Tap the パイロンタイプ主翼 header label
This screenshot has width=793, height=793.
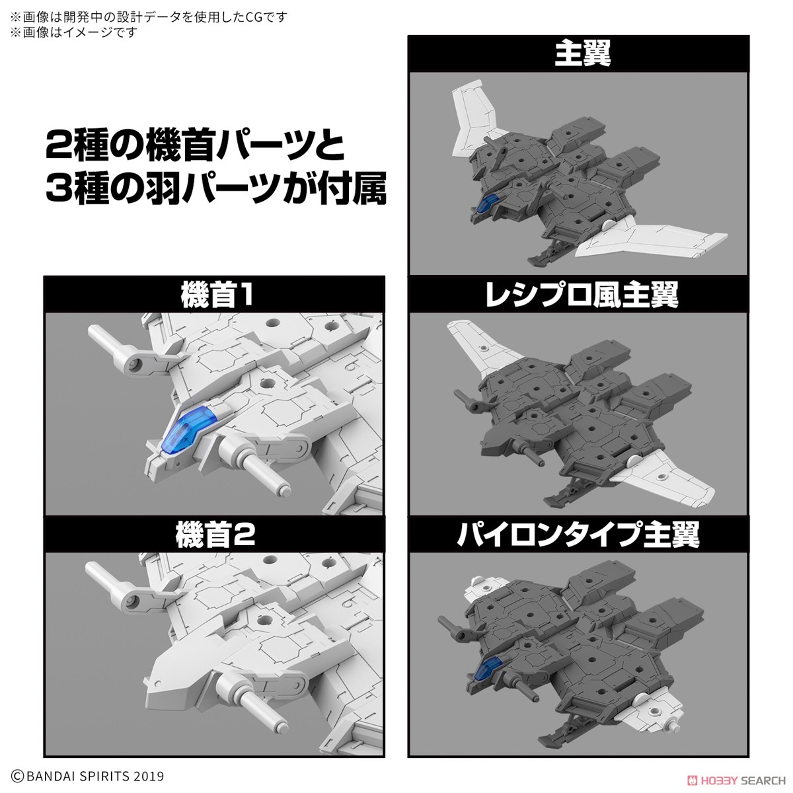click(578, 534)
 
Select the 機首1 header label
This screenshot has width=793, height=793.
click(215, 295)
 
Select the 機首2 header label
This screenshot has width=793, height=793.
click(215, 535)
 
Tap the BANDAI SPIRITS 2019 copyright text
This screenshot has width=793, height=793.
click(87, 776)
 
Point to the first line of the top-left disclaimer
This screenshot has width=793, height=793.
click(149, 17)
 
